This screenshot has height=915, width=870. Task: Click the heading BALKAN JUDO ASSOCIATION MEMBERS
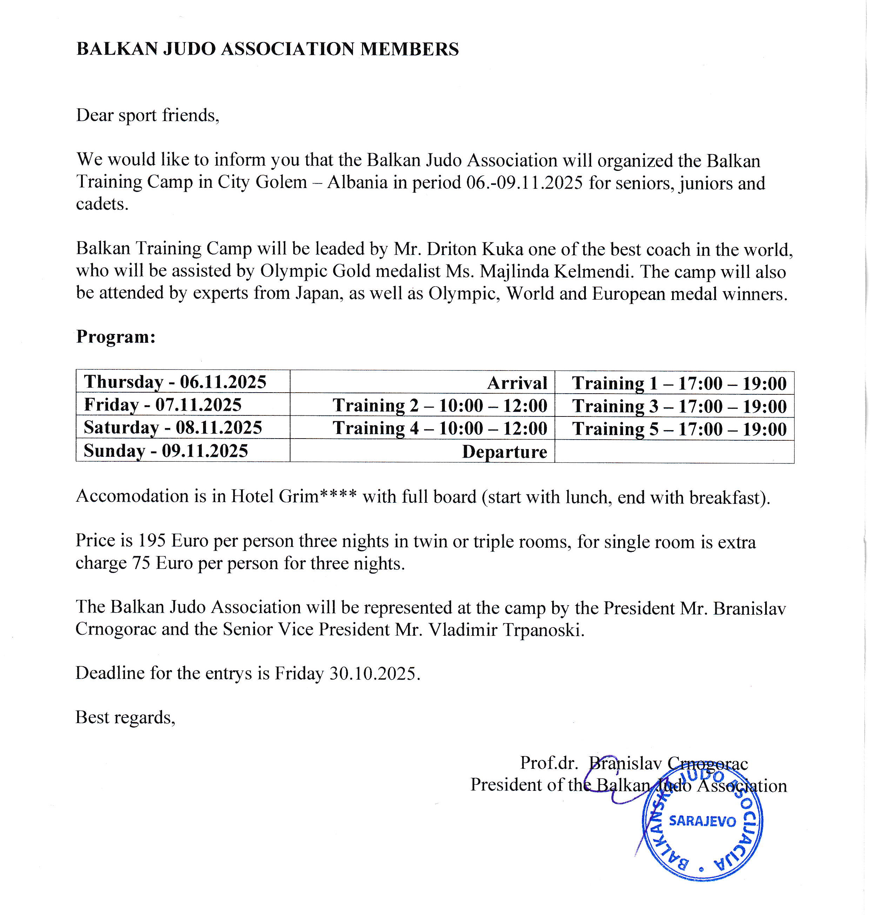point(268,49)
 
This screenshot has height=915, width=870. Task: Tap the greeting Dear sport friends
point(147,115)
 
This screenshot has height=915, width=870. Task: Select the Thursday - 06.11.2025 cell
point(175,382)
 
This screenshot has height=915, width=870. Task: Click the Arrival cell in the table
point(517,383)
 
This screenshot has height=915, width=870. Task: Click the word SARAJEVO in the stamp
point(702,821)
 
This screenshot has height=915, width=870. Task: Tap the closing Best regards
point(125,717)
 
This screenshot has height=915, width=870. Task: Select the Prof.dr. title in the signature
point(549,763)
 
